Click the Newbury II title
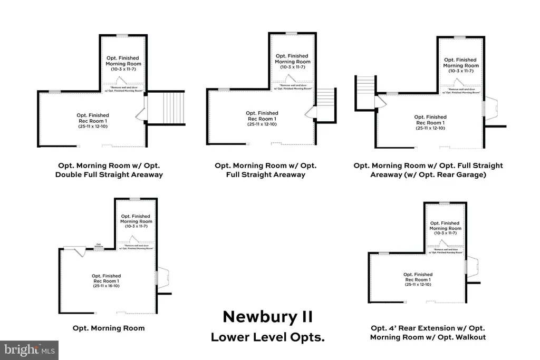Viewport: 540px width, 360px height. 267,316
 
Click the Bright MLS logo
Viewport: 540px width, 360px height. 29,350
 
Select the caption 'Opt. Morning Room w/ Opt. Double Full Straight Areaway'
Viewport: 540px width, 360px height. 109,170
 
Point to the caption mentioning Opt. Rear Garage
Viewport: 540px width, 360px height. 428,170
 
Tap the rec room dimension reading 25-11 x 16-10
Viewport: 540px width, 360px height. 107,287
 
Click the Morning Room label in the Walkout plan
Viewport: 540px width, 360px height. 446,226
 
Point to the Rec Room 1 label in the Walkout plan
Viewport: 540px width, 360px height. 418,277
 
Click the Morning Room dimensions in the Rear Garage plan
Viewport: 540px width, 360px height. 460,71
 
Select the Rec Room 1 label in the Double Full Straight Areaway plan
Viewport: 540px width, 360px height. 93,119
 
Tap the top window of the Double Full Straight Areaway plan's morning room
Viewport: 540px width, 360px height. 122,35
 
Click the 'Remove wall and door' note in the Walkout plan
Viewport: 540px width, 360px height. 445,250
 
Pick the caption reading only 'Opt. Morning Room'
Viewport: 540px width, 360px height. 109,328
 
